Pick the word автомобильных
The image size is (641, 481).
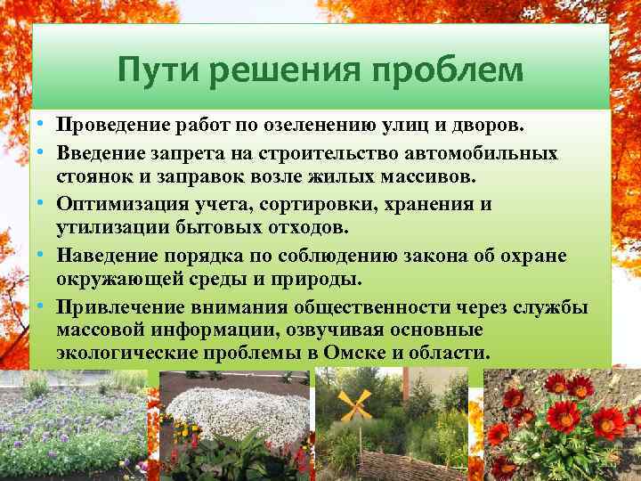(x=484, y=153)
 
